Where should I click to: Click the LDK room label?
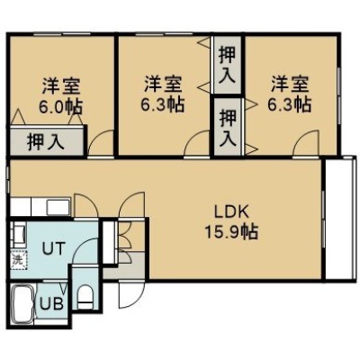click(231, 212)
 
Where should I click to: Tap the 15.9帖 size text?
click(231, 231)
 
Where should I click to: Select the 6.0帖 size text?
click(61, 107)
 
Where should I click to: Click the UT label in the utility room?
click(53, 248)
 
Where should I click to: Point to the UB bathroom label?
click(52, 304)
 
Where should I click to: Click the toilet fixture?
click(85, 297)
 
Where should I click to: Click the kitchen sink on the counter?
click(58, 207)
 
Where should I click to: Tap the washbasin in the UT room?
click(18, 234)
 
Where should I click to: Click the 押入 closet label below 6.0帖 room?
click(46, 142)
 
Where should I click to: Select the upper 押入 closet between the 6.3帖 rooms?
click(227, 65)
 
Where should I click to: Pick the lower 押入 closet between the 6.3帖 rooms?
click(227, 126)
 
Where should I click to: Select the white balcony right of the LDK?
click(340, 219)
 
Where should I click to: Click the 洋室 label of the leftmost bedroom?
click(61, 86)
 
